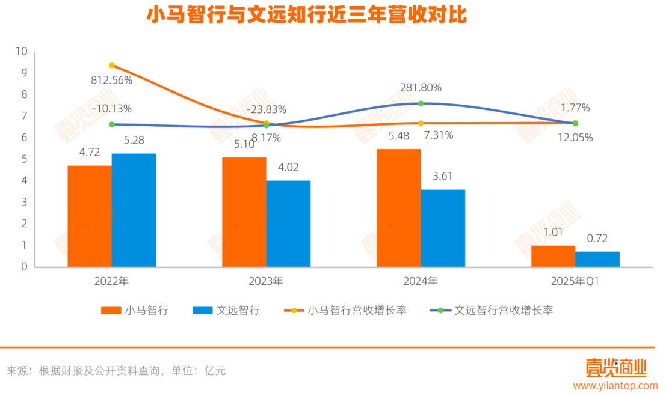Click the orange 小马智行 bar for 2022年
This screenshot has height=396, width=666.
pos(89,216)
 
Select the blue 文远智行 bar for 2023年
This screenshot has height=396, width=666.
pos(288,224)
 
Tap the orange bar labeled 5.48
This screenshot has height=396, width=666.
pos(398,207)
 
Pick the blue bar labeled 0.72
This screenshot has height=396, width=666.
pos(597,259)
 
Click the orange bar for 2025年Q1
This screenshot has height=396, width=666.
pos(553,256)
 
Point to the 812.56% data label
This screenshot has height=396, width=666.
pos(112,79)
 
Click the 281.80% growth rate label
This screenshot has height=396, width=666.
pos(421,88)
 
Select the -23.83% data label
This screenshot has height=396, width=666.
pos(266,109)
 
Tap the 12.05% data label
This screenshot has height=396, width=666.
pos(575,137)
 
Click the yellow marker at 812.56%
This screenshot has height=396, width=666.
pos(112,65)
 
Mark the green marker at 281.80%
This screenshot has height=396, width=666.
pos(421,103)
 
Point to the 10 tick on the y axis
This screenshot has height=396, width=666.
pos(22,52)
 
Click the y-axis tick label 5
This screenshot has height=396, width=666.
pos(25,159)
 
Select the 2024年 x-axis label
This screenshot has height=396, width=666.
pos(421,281)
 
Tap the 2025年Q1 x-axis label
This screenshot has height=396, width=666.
pos(575,281)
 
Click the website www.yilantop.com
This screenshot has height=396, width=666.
pos(615,386)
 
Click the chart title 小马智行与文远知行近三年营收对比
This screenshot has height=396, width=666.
pos(307,16)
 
